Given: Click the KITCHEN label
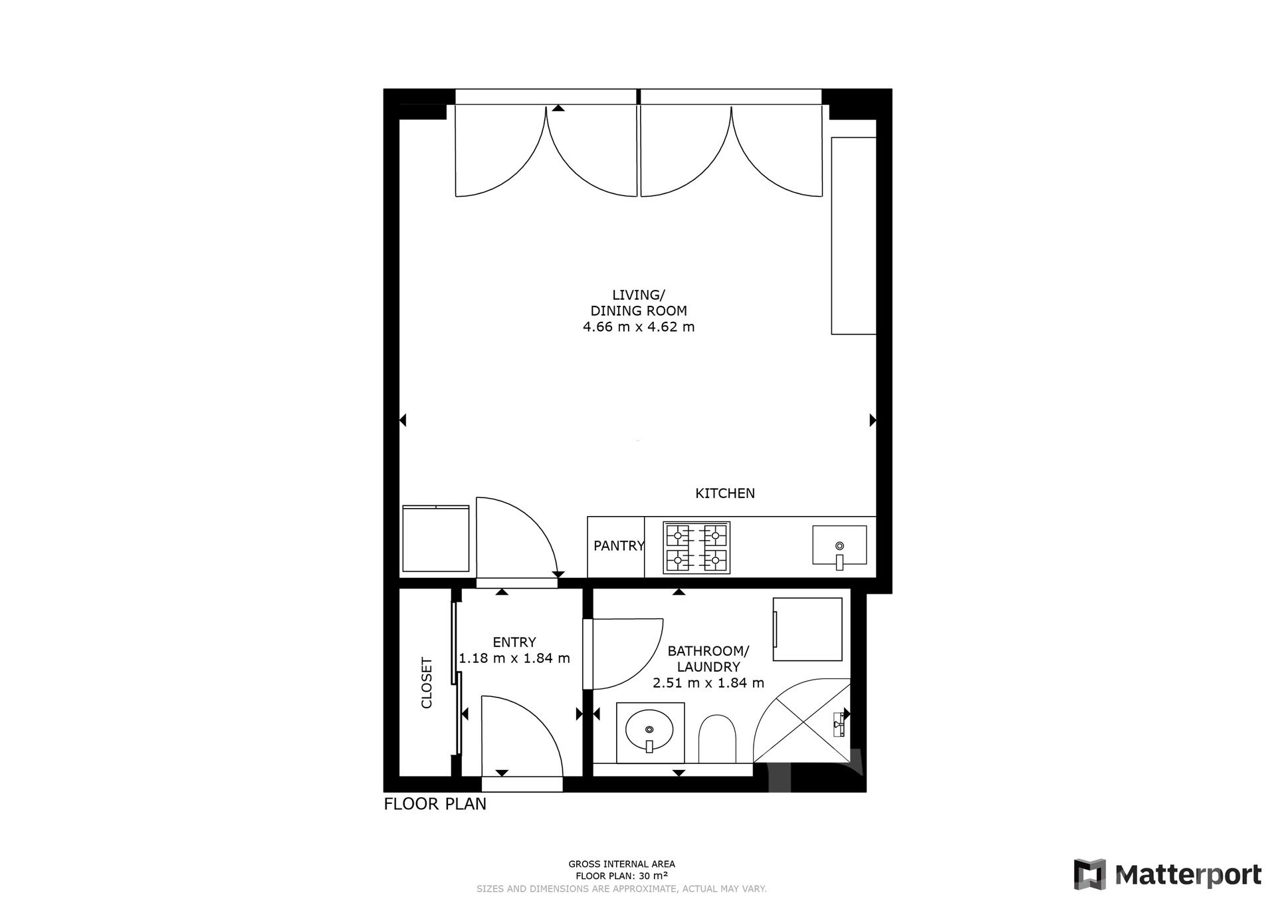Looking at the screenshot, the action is (724, 493).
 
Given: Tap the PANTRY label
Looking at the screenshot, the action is (619, 546).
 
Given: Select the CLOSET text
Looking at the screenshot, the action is (427, 683).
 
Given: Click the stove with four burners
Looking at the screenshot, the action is (696, 547).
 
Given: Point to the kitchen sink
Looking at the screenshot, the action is (839, 545).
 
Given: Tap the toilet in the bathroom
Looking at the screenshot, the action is (717, 739).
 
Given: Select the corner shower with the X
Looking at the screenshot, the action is (801, 721).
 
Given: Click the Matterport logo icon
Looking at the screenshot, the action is (1089, 874).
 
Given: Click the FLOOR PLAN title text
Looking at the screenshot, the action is (435, 804).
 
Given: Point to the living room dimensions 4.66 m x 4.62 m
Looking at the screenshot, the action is (639, 326).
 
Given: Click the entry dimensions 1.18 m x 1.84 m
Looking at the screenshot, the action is (514, 658).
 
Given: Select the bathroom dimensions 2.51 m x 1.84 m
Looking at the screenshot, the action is (708, 683).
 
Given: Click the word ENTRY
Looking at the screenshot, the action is (514, 642).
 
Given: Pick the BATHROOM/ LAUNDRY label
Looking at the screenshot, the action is (708, 658).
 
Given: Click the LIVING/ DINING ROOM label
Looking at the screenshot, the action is (639, 303).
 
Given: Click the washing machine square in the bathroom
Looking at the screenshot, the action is (807, 629).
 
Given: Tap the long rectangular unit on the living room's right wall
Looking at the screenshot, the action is (854, 235).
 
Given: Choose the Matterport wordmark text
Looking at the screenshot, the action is (1188, 875).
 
